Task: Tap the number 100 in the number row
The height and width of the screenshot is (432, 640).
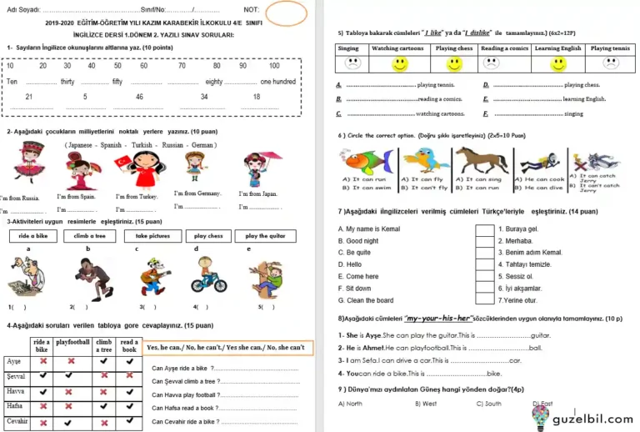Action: coord(274,65)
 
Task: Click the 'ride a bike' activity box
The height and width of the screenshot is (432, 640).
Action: coord(33,236)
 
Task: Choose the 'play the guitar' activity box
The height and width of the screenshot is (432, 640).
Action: coord(265,236)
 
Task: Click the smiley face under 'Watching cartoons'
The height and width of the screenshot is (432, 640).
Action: coord(400,63)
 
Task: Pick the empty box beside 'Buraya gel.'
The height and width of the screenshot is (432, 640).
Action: coord(484,229)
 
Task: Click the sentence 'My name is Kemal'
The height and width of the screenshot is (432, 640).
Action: coord(369,229)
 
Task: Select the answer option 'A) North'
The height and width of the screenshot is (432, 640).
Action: coord(350,404)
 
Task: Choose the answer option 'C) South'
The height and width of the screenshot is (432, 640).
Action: coord(488,404)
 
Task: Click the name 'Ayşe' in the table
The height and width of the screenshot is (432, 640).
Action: coord(14,361)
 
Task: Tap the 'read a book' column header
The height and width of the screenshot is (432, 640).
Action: coord(129,345)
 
